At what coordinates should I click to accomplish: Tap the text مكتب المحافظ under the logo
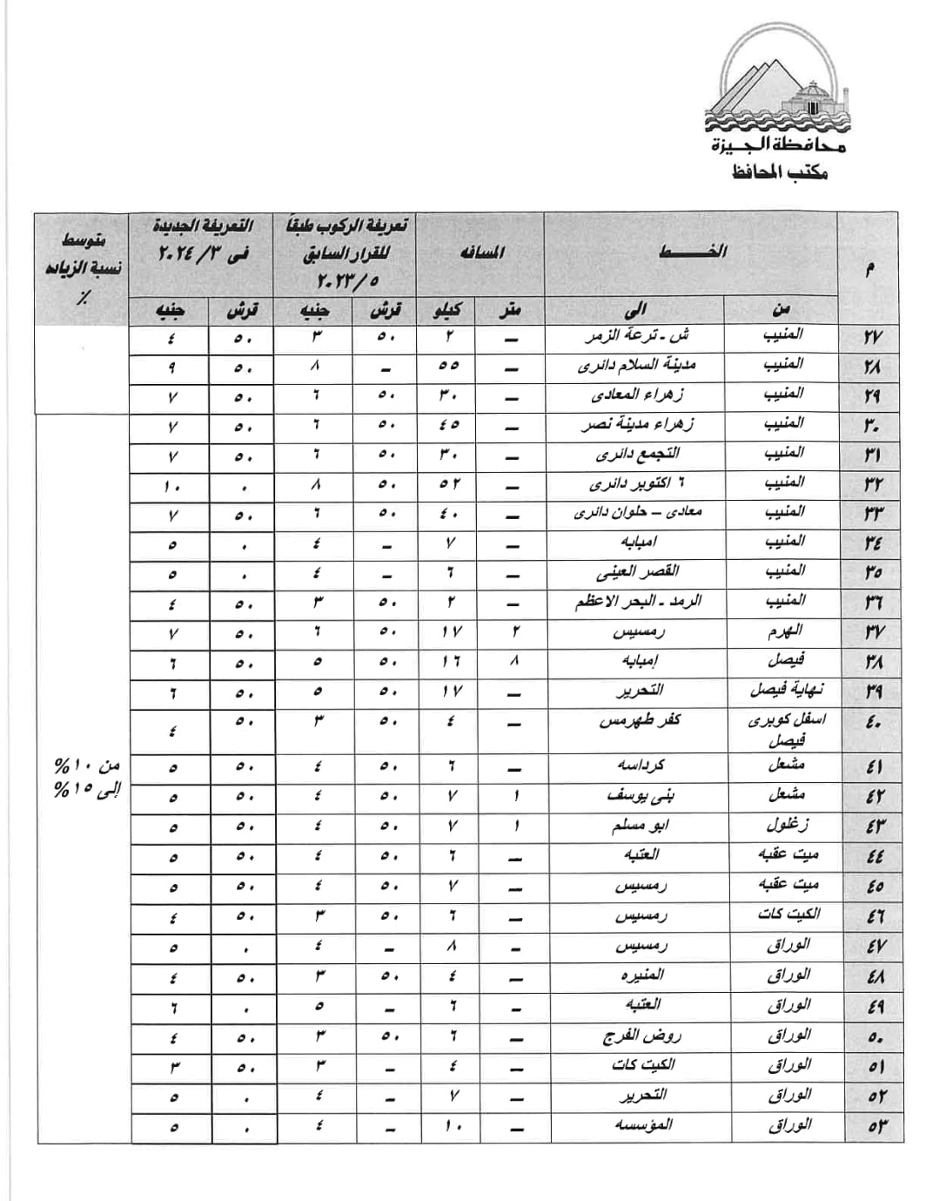pos(780,172)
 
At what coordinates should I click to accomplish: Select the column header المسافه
pos(480,253)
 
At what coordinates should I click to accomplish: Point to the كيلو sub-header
pos(448,310)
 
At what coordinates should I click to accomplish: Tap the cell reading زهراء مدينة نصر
pos(638,426)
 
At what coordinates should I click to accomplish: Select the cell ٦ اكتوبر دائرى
pos(635,484)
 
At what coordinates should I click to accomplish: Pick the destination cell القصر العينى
pos(638,573)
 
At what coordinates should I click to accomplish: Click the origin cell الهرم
pos(785,631)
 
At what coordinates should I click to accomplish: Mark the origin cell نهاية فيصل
pos(787,691)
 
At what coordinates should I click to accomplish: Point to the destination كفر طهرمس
pos(640,721)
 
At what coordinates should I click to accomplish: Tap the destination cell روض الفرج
pos(642,1036)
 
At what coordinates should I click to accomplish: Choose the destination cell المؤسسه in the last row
pos(642,1125)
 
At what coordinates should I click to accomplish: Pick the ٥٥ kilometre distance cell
pos(449,367)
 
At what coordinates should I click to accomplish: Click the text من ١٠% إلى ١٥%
pos(86,778)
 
